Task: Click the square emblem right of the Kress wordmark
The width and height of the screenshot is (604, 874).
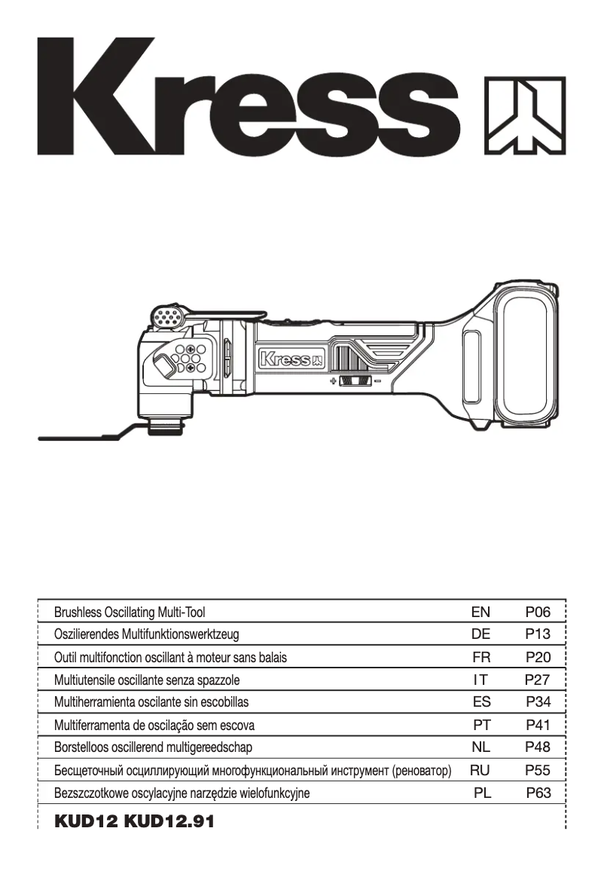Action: (524, 115)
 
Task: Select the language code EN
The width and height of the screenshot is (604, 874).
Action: (480, 612)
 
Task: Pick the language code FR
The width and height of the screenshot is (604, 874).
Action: (480, 657)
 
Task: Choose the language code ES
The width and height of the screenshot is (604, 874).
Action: (481, 702)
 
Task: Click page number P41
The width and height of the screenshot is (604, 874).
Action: (539, 725)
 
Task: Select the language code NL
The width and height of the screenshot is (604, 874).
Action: (480, 747)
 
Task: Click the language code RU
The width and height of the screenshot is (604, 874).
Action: (480, 770)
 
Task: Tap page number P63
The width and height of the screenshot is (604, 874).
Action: (539, 793)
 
